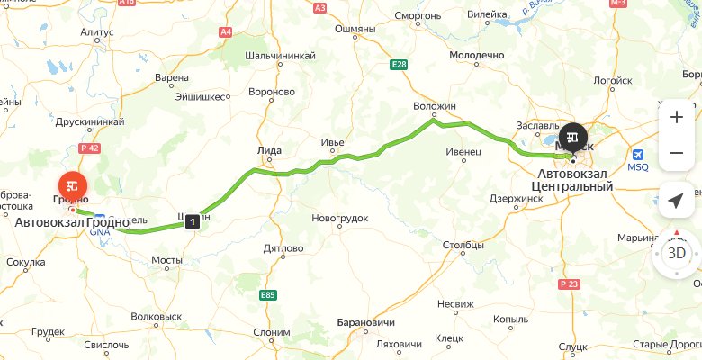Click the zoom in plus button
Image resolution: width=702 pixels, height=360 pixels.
click(x=676, y=117)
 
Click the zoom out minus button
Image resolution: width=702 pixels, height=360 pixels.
click(x=676, y=154)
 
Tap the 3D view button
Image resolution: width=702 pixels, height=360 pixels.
click(x=676, y=254)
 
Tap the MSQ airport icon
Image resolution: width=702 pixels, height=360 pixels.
click(x=638, y=154)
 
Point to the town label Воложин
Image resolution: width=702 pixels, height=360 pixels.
click(x=436, y=106)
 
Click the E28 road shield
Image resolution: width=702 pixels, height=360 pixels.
click(x=399, y=64)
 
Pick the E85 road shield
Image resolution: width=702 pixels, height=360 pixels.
click(x=268, y=294)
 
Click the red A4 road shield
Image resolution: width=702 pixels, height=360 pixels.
click(x=224, y=32)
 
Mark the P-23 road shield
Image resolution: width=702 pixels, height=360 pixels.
click(x=567, y=285)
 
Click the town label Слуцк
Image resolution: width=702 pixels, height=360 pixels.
click(x=572, y=346)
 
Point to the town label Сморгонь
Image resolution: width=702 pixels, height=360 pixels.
click(x=420, y=15)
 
